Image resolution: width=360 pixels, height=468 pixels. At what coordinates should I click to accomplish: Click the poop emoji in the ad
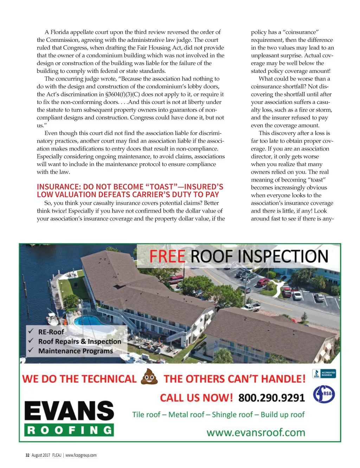(x=149, y=377)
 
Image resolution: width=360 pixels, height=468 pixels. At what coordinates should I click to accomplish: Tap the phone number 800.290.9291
(x=271, y=398)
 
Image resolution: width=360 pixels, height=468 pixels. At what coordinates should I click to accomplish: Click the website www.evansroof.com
(x=256, y=432)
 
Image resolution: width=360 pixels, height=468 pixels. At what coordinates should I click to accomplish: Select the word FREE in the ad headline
(x=167, y=257)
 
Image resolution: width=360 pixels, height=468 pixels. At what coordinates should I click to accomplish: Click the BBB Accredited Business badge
(x=324, y=374)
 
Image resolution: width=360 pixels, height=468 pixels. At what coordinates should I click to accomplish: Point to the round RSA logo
(x=324, y=394)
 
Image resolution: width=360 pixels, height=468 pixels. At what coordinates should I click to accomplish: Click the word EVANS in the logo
(x=69, y=411)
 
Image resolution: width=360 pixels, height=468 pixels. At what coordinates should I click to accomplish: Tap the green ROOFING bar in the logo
(x=69, y=430)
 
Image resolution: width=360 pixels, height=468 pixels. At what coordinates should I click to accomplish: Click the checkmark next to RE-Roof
(x=31, y=331)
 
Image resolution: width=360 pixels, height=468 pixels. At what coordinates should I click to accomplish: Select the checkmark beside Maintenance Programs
(x=31, y=350)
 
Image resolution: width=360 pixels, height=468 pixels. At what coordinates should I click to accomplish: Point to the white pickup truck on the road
(x=252, y=307)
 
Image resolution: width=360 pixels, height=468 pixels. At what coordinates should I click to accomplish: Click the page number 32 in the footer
(x=27, y=455)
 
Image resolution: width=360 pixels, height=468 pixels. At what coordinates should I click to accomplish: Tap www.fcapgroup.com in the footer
(x=81, y=455)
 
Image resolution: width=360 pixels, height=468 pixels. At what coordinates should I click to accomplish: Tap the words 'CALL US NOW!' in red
(x=196, y=398)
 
